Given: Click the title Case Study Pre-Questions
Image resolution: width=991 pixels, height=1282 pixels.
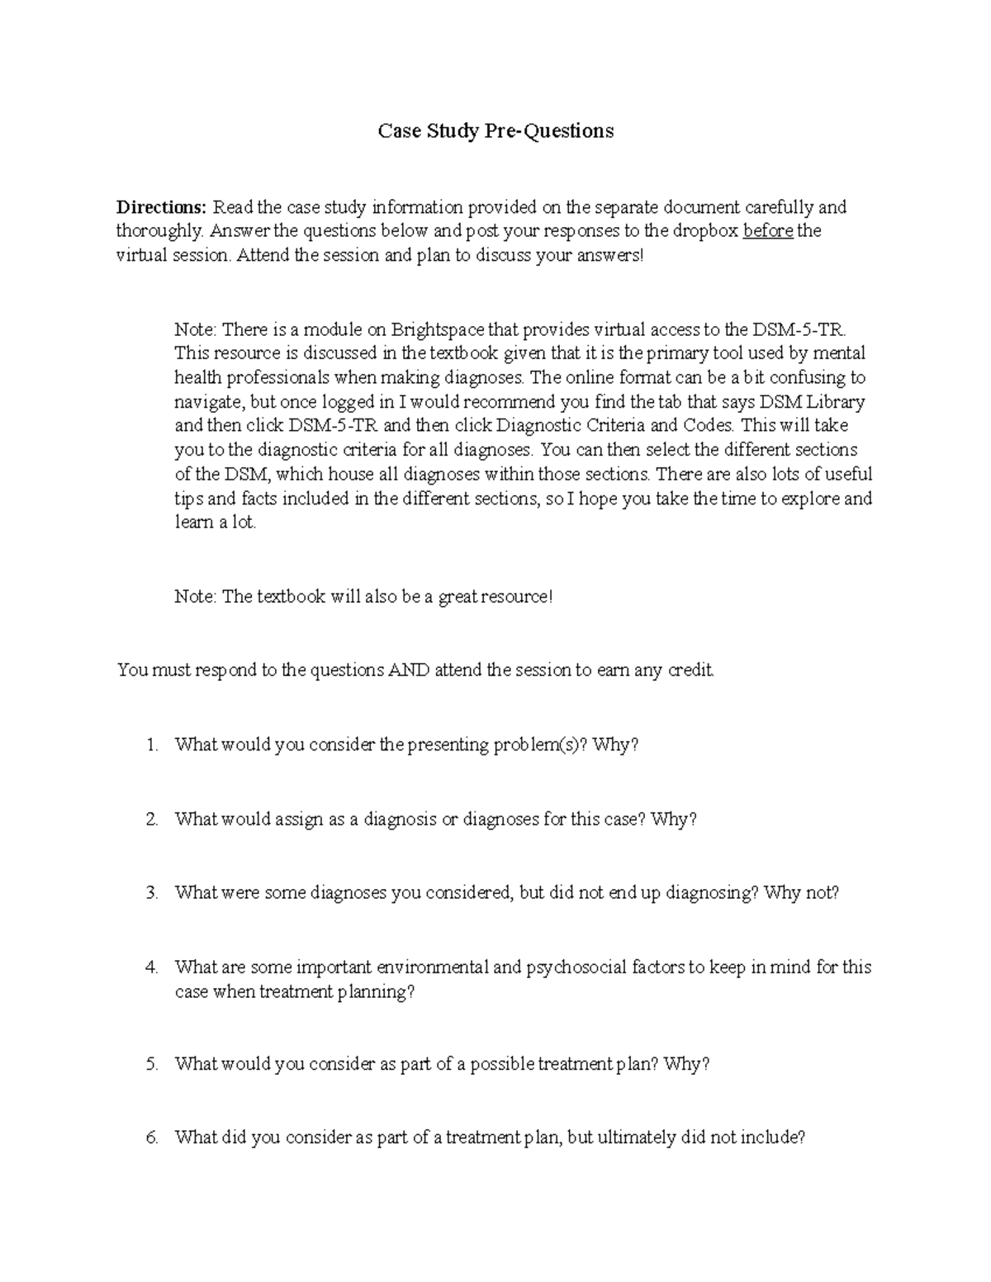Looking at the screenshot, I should click(x=495, y=130).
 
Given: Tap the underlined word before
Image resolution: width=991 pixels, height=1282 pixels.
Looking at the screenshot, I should click(x=768, y=230).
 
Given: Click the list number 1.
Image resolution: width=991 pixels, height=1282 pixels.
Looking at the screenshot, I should click(x=151, y=745).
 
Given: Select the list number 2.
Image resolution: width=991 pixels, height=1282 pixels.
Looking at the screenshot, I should click(x=151, y=819).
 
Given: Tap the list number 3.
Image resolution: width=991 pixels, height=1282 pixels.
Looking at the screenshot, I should click(x=151, y=892).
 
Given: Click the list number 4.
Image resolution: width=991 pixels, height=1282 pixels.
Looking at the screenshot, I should click(x=151, y=967).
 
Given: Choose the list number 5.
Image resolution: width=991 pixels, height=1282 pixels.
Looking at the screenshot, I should click(x=151, y=1064).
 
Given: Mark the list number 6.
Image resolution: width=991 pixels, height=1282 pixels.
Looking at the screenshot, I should click(x=151, y=1138).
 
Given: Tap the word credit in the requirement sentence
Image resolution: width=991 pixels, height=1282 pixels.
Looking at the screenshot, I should click(x=690, y=669).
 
